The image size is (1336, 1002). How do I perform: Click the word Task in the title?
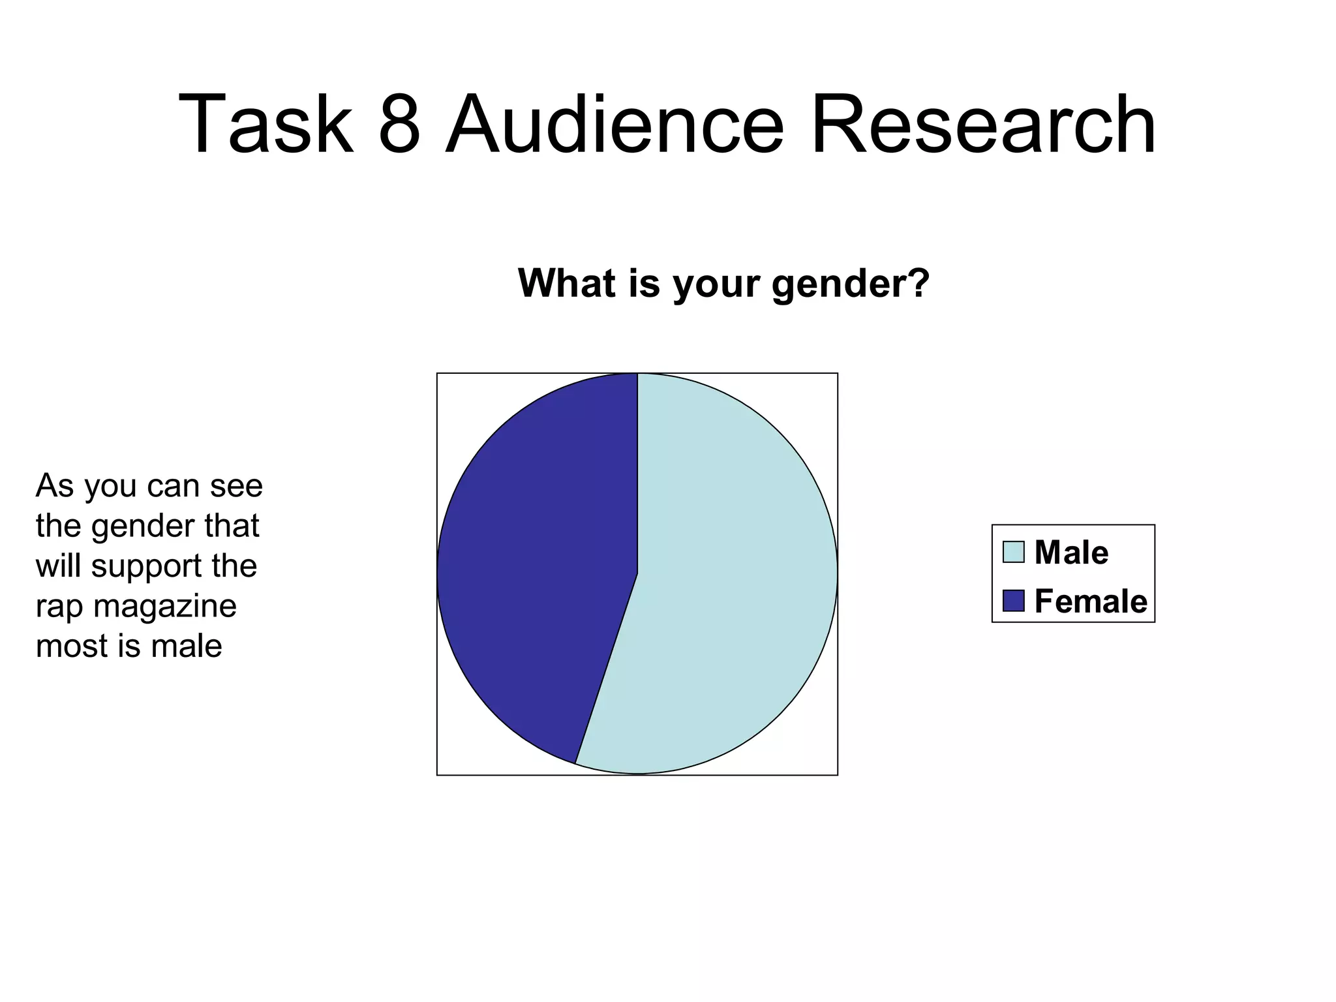pos(265,124)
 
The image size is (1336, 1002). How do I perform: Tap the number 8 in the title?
pos(399,124)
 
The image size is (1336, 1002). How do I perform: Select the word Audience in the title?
pos(614,124)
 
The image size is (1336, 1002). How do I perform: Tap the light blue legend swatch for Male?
pos(1013,552)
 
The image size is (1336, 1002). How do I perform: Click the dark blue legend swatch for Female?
pos(1013,601)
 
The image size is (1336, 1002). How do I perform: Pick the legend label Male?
pos(1071,553)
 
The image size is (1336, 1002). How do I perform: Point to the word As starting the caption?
pos(55,486)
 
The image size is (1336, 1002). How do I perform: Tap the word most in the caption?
pos(72,646)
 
